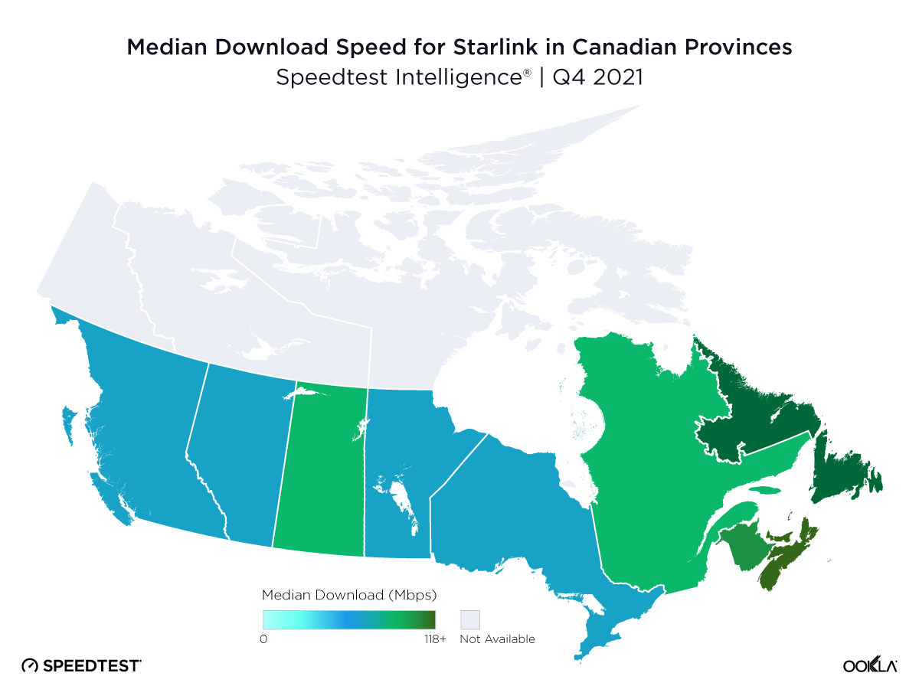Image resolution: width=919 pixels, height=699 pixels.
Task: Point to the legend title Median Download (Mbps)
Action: click(x=349, y=594)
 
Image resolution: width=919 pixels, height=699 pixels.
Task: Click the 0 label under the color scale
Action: click(x=264, y=639)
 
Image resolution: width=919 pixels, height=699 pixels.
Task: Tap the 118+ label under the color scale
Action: click(x=433, y=639)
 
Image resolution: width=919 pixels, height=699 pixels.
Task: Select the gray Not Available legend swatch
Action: click(x=469, y=619)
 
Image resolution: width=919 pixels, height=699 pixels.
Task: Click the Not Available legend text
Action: click(x=497, y=639)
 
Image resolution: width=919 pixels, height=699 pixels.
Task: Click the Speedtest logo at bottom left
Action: click(x=81, y=665)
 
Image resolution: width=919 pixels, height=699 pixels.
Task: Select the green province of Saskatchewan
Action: click(x=322, y=475)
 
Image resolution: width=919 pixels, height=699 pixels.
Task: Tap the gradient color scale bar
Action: click(x=348, y=619)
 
